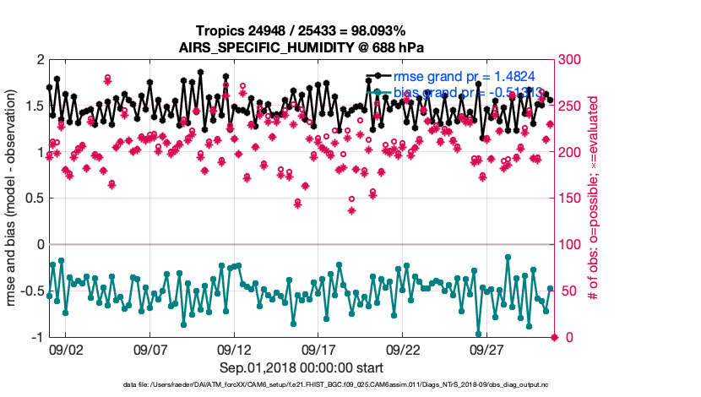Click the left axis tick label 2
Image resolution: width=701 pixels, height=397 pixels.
pos(39,59)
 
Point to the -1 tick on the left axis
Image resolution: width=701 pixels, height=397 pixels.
pos(36,337)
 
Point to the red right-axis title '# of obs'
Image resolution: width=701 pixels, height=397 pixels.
pos(594,198)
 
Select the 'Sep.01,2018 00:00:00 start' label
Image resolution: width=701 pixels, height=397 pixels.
pos(302,367)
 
